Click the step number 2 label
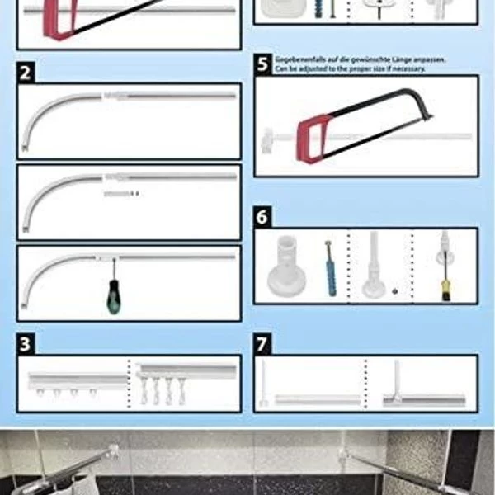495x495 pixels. (x=26, y=73)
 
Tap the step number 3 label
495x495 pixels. (x=26, y=344)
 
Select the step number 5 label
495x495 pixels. (x=262, y=64)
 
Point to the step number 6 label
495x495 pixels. (x=262, y=217)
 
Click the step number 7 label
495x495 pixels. (x=262, y=344)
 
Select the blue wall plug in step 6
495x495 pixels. (x=330, y=269)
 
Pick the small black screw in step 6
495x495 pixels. (x=394, y=291)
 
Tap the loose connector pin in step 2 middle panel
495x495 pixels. (x=121, y=194)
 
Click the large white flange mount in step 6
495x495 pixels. (x=286, y=266)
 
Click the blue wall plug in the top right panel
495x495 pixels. (x=319, y=8)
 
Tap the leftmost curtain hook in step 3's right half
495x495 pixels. (x=144, y=391)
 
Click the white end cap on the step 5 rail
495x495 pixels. (x=267, y=140)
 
